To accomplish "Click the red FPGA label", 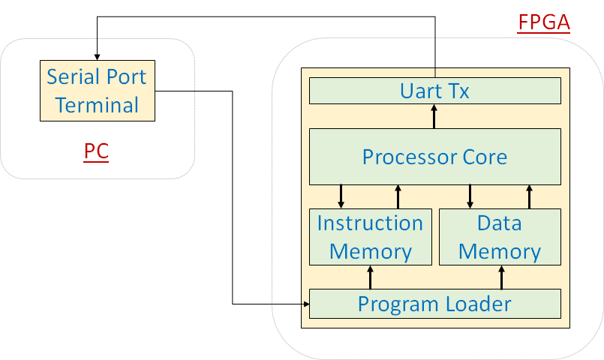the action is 543,22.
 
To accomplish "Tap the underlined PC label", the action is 96,151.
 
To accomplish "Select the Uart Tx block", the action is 435,91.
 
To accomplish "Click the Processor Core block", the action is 435,157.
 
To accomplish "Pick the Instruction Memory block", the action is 371,237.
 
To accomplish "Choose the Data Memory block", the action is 500,237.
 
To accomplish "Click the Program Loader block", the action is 435,304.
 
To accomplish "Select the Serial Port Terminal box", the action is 98,91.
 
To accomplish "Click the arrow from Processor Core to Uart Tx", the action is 434,117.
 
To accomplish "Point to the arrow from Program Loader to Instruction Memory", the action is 370,277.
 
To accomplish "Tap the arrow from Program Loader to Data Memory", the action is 501,277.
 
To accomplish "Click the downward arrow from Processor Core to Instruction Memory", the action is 341,196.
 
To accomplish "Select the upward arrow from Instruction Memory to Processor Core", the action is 398,196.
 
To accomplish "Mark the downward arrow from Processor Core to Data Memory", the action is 470,196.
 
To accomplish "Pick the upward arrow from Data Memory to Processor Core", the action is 529,196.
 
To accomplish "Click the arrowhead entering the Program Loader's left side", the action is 307,304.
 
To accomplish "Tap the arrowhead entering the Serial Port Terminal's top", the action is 97,57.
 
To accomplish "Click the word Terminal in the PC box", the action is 97,105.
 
